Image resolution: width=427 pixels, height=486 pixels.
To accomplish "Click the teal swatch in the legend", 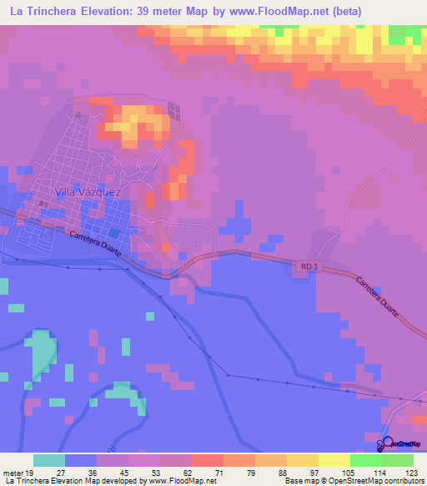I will click(48, 460).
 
